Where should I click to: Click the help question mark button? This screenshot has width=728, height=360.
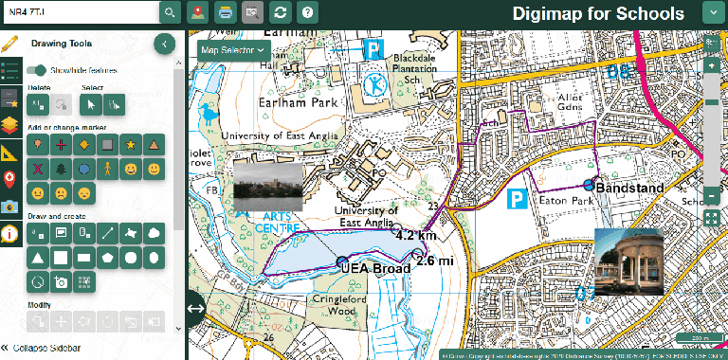pos(306,12)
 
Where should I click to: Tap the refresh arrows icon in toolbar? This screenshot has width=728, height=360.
pos(280,12)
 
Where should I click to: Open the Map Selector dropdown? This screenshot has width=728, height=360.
pos(233,49)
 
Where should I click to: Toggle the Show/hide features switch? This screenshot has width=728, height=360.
pos(37,70)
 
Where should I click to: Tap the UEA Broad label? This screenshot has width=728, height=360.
pos(375,268)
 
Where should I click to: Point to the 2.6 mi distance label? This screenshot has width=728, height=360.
pos(435,261)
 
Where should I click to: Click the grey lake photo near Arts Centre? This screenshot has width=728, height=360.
pos(267,187)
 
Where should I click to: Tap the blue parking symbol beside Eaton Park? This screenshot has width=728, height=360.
pos(518,199)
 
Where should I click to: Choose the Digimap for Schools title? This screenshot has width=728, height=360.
pos(598,13)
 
